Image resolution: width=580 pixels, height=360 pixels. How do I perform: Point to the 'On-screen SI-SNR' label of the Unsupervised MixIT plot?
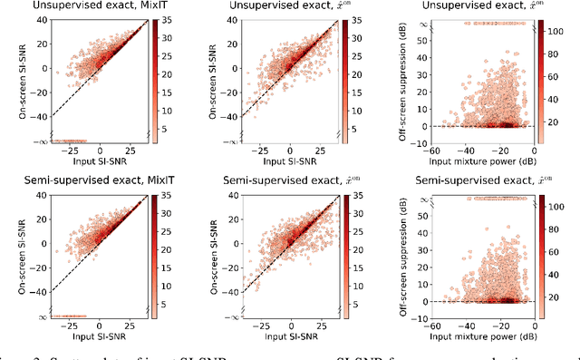click(x=9, y=81)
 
